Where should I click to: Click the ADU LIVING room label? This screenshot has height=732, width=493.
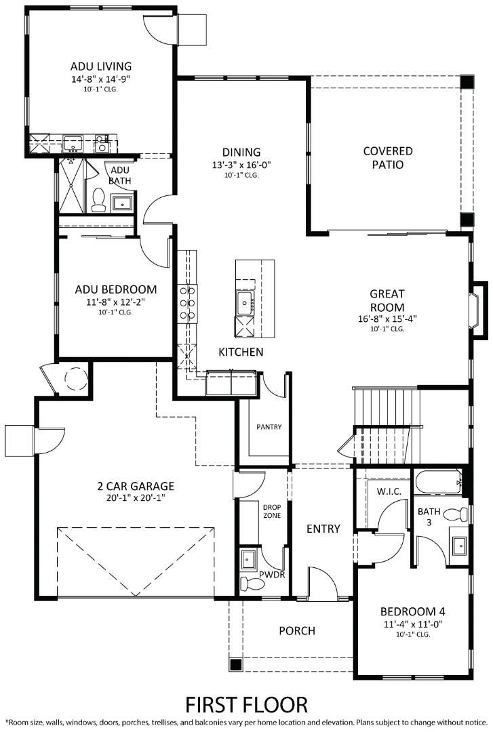100,66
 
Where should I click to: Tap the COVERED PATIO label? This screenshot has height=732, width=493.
387,158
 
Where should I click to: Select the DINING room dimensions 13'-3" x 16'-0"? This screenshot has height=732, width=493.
241,165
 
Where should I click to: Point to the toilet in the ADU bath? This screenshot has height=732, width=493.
98,199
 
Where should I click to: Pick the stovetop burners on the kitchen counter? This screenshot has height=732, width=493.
187,303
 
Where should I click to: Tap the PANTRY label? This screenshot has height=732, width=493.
269,427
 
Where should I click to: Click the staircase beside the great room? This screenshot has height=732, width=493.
384,406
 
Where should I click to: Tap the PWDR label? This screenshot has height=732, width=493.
272,574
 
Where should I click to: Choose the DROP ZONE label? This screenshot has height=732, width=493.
271,510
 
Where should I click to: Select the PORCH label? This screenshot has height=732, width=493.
297,631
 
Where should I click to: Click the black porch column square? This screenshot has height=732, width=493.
236,664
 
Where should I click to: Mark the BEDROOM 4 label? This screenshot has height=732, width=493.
412,610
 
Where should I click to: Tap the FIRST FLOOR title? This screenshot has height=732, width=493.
246,704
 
